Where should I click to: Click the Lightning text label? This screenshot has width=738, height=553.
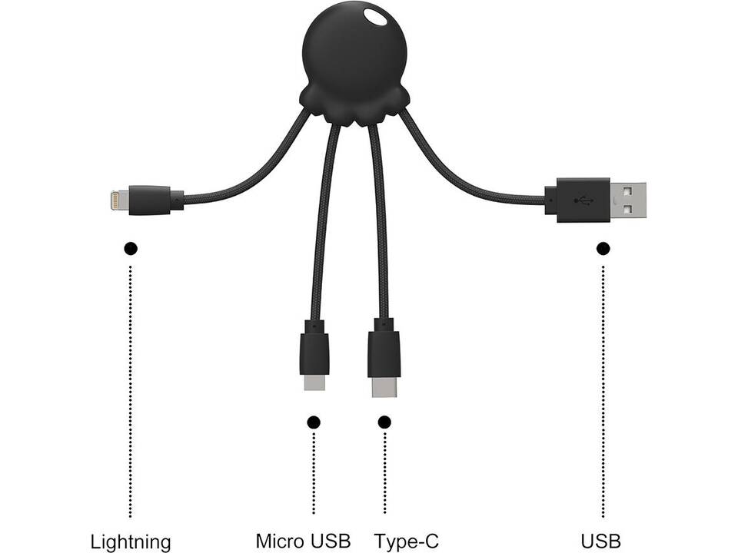[x=131, y=541]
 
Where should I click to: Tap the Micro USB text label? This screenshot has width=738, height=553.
[x=303, y=541]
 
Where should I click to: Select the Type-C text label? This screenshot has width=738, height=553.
[x=407, y=541]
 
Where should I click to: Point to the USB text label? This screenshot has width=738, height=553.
[x=602, y=541]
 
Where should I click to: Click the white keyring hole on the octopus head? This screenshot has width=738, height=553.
[x=377, y=18]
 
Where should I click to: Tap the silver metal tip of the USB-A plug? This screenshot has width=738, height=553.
[x=628, y=200]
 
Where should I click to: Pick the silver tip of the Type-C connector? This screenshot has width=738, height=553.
[x=384, y=387]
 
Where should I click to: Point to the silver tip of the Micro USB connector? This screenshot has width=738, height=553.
[x=314, y=381]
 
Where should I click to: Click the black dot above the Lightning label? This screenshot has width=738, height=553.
[x=131, y=248]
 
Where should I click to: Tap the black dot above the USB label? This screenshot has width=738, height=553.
[x=603, y=248]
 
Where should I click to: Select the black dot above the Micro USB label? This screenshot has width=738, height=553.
[x=313, y=422]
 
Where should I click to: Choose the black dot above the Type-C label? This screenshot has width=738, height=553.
[x=384, y=422]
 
